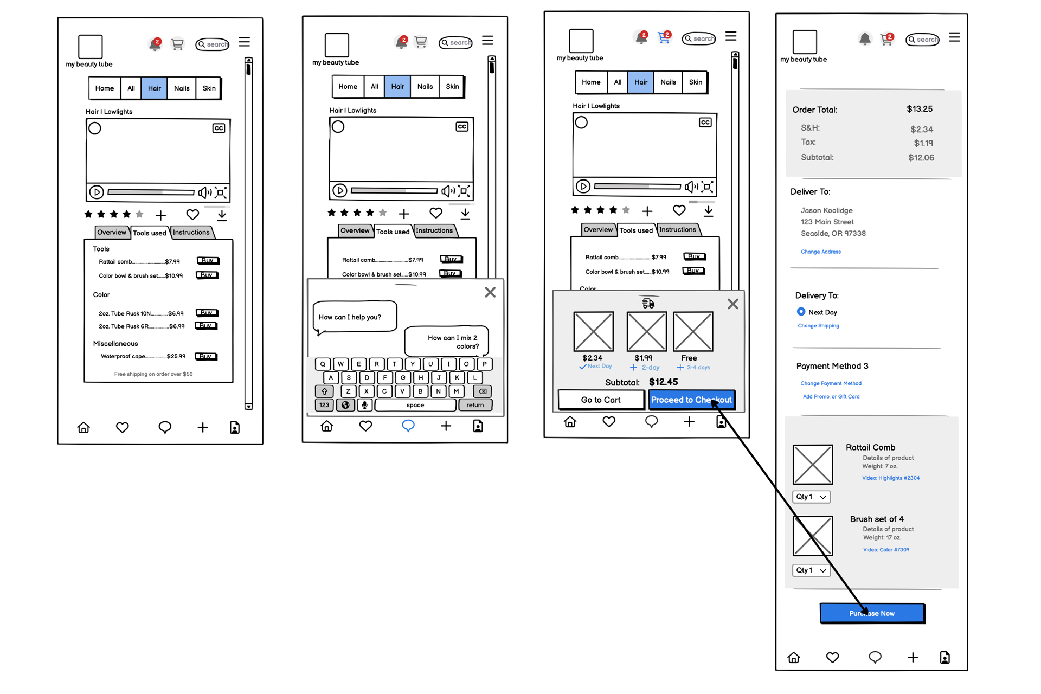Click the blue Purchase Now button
(872, 613)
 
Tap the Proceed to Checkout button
(691, 400)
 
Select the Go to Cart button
(601, 400)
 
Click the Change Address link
(820, 252)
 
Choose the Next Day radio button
(801, 312)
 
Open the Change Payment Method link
(831, 383)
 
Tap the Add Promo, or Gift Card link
(831, 396)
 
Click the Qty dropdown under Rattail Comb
(811, 497)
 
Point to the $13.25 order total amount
(919, 109)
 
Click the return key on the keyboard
(475, 405)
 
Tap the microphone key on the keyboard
(364, 405)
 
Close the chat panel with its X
(490, 292)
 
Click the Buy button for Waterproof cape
(206, 356)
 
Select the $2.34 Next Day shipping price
(592, 358)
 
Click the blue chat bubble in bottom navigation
(408, 426)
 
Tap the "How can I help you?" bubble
(355, 317)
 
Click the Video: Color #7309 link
(886, 550)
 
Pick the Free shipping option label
(689, 358)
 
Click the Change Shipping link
(818, 326)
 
